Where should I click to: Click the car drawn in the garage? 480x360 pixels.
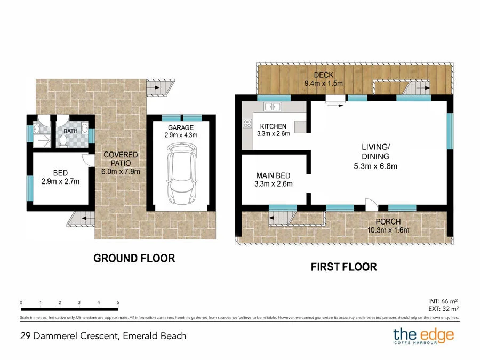181,174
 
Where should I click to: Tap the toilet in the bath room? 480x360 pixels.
63,140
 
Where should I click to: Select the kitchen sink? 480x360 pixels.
273,107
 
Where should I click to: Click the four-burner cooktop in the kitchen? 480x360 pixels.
247,124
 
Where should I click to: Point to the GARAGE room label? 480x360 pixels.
181,127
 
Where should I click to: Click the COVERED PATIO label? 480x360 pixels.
121,159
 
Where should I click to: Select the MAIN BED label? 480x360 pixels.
273,175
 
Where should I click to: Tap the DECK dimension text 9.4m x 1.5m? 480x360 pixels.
324,83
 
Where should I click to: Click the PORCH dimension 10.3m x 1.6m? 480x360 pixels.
388,230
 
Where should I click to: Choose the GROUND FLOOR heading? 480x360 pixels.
134,258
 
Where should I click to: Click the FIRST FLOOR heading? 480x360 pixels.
344,267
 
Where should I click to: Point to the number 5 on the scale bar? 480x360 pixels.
118,302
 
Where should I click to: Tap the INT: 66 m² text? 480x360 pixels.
443,301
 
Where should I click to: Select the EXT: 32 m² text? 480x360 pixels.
443,309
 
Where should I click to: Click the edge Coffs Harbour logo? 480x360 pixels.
423,336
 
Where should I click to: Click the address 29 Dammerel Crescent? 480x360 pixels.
69,336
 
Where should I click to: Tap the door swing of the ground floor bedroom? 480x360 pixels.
88,161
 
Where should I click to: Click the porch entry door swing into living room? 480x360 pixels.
372,204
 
